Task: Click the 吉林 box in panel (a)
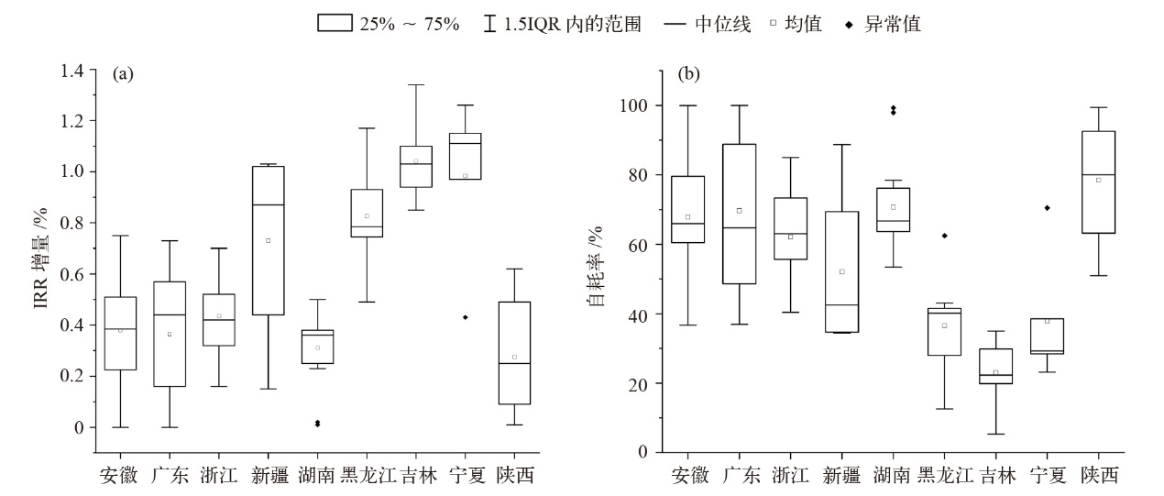pos(416,166)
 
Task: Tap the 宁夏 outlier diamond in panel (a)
pos(466,317)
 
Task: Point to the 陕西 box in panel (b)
pos(1098,182)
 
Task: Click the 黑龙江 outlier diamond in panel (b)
pos(945,236)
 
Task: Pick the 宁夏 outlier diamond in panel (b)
pos(1047,208)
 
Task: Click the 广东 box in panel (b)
pos(739,214)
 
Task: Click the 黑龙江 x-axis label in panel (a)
pos(367,476)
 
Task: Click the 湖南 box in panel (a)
pos(318,347)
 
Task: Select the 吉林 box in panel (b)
pos(996,366)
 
